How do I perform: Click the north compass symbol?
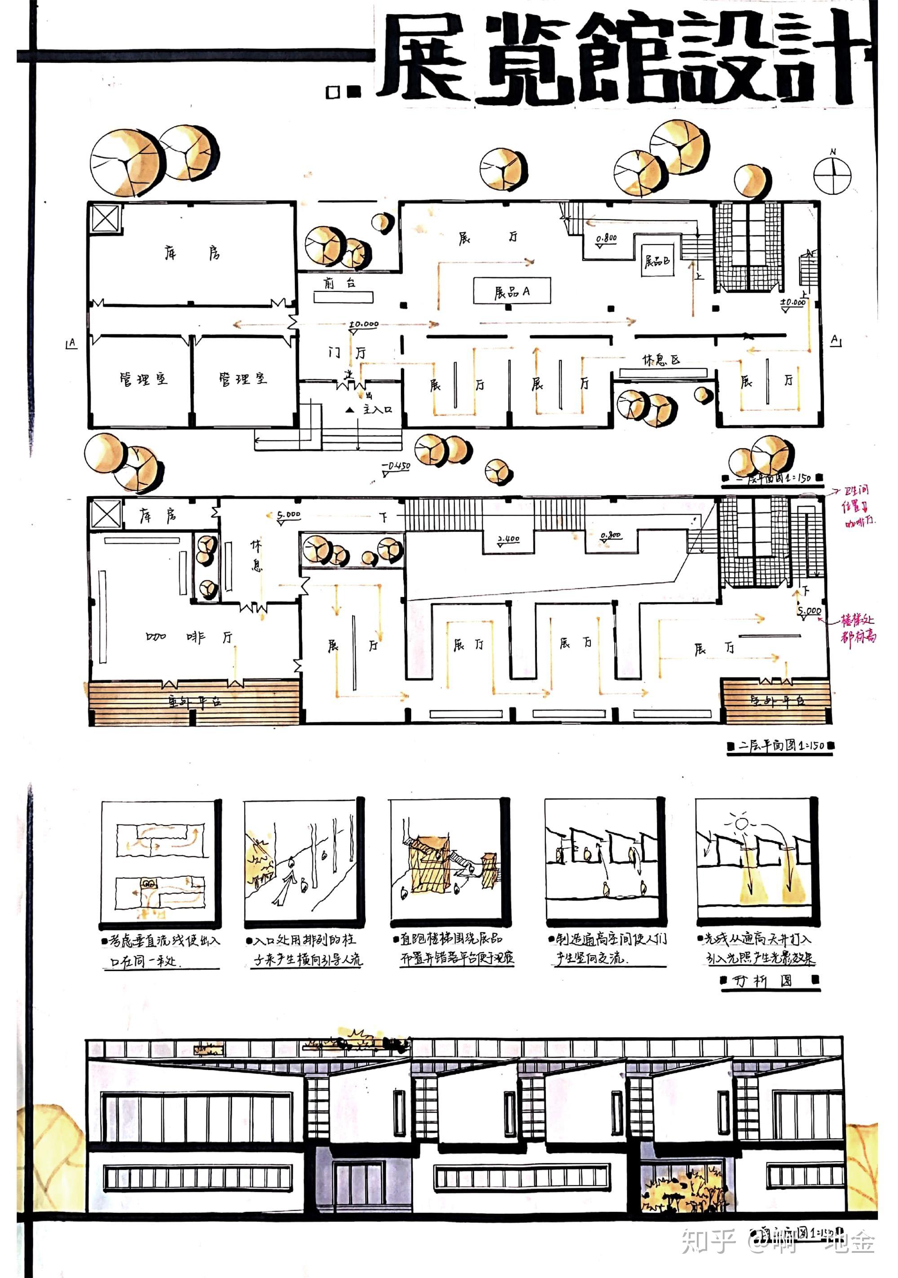832,175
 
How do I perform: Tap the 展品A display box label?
512,291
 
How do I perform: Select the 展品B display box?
657,261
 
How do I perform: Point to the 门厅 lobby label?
347,352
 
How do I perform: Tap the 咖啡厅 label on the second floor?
189,637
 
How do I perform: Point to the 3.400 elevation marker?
508,539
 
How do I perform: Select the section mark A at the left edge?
71,344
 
